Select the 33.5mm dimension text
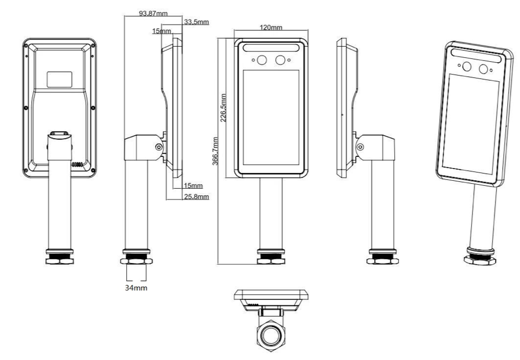(x=196, y=22)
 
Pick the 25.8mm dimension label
(x=196, y=197)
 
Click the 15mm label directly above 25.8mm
(x=194, y=185)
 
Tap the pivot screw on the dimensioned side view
(x=159, y=147)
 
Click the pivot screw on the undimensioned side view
(x=360, y=147)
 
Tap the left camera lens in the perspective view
(x=466, y=67)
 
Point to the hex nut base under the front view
(x=271, y=259)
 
